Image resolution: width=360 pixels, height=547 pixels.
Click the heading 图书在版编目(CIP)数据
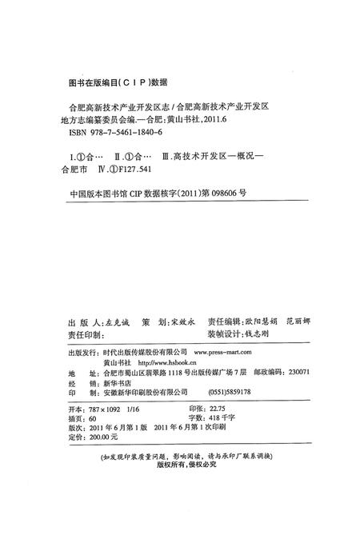coord(116,81)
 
